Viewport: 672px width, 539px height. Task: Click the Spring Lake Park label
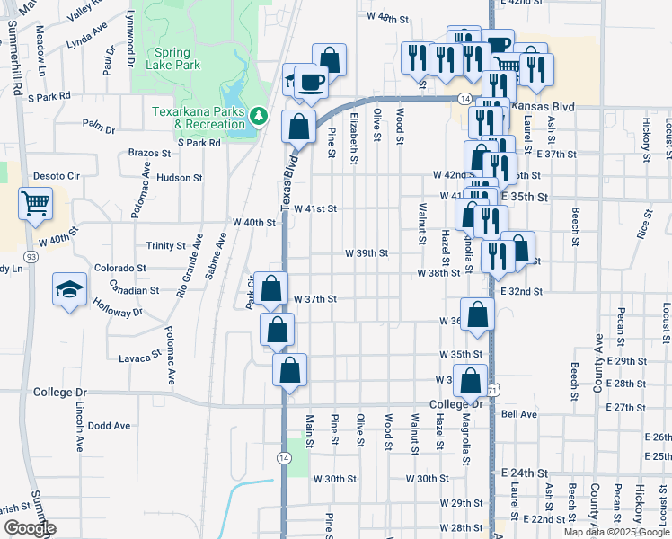(x=176, y=59)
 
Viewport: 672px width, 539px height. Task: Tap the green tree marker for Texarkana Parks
(x=259, y=115)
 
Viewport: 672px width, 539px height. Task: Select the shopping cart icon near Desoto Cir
(x=35, y=204)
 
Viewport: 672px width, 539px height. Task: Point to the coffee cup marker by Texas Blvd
(x=311, y=82)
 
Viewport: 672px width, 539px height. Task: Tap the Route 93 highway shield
(x=31, y=257)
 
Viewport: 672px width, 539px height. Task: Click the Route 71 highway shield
(x=493, y=390)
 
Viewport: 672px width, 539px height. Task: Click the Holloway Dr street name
(x=117, y=307)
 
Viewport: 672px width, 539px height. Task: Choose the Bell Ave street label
(x=519, y=414)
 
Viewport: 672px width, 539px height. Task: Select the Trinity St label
(x=165, y=245)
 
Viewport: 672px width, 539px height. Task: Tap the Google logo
(x=29, y=528)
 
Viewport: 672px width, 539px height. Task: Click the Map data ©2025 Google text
(x=615, y=532)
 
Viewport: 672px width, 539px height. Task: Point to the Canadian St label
(x=134, y=290)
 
